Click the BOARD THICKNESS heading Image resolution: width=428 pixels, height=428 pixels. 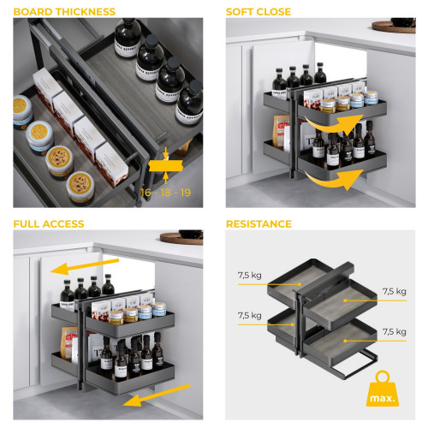coord(64,12)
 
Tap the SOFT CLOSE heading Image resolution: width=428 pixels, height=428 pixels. coord(259,12)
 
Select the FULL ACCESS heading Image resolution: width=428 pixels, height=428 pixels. coord(49,224)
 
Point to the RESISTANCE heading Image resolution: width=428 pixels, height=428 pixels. coord(259,224)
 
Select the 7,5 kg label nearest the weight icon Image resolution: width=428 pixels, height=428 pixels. coord(395,331)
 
